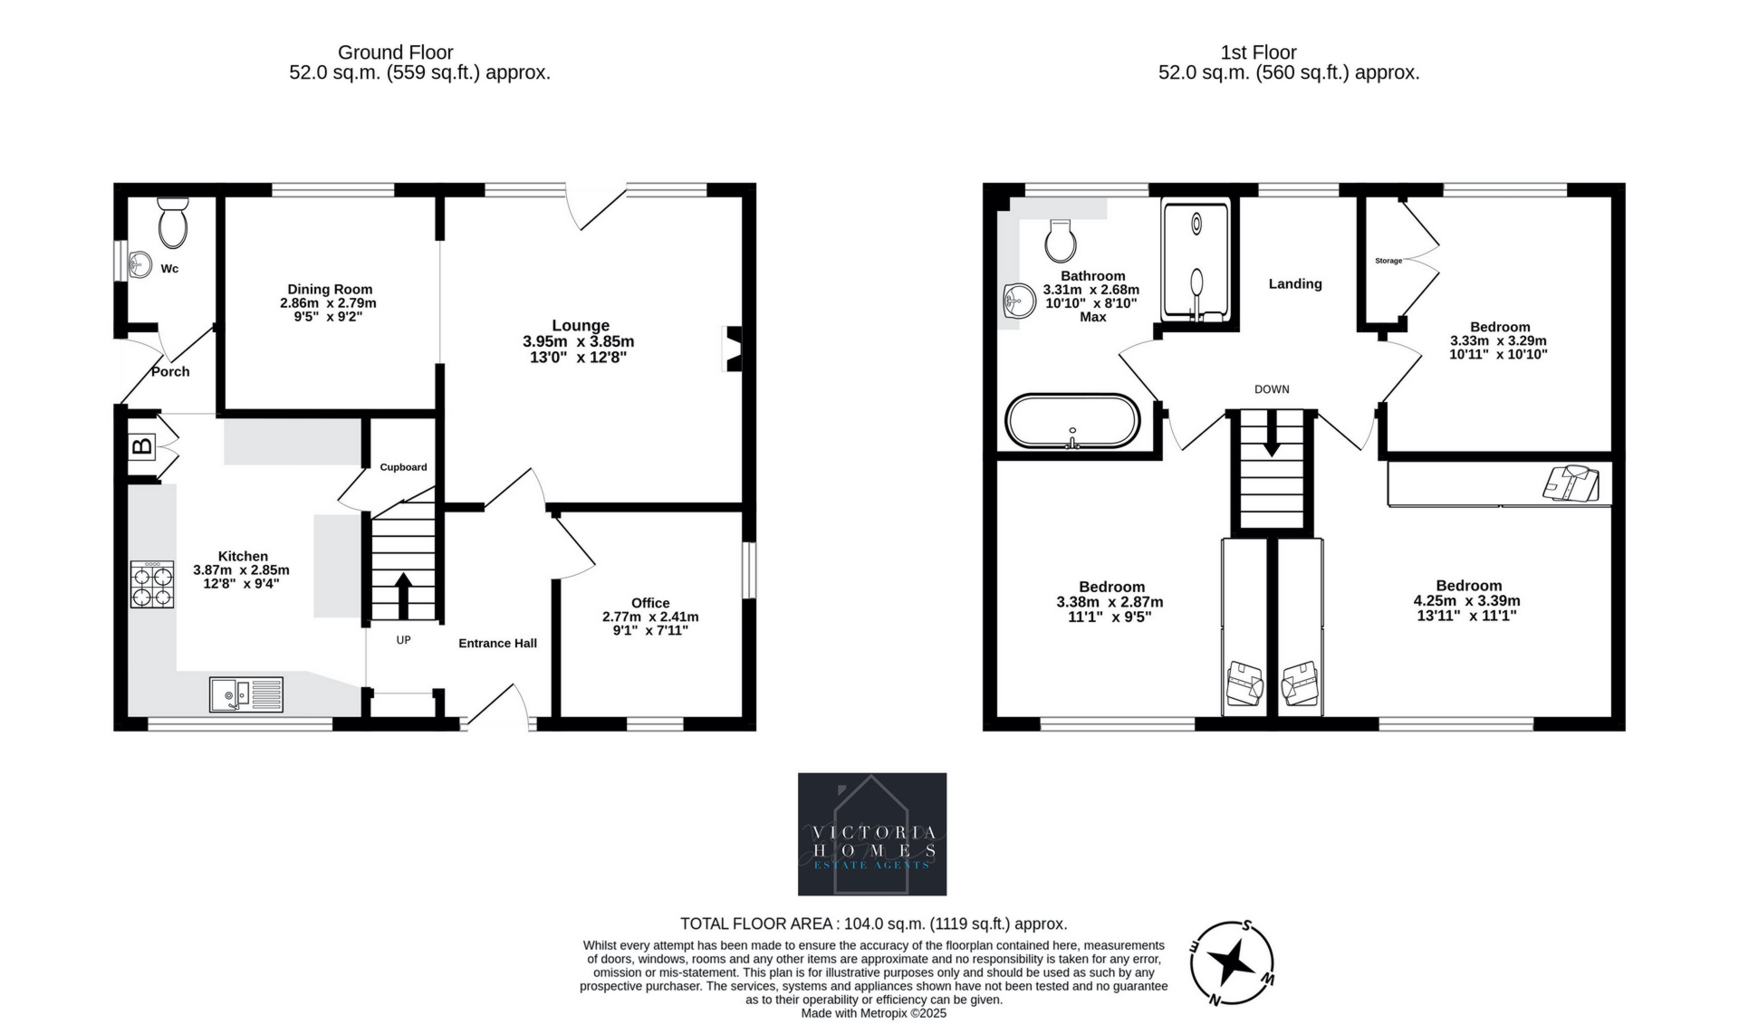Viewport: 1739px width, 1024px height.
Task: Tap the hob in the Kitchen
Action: tap(152, 584)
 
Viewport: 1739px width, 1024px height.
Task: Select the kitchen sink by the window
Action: tap(246, 694)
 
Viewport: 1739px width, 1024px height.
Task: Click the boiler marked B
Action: tap(142, 446)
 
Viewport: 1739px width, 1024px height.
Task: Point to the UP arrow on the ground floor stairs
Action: tap(402, 595)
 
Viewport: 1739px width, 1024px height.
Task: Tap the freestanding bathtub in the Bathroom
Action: tap(1072, 421)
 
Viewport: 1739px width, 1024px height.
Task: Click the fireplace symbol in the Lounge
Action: tap(733, 349)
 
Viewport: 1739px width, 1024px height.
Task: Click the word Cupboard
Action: tap(403, 467)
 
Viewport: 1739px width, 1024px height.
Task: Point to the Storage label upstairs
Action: tap(1388, 261)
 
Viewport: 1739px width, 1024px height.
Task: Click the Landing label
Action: tap(1295, 283)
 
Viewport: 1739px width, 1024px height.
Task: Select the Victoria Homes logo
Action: tap(872, 834)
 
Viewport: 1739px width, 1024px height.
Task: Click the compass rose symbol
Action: tap(1232, 963)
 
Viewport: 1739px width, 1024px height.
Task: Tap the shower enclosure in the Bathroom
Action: tap(1196, 262)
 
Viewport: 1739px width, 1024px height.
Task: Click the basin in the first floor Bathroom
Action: tap(1021, 300)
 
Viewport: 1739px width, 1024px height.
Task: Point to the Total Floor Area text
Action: tap(874, 924)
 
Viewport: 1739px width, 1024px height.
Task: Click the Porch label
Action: tap(170, 371)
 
